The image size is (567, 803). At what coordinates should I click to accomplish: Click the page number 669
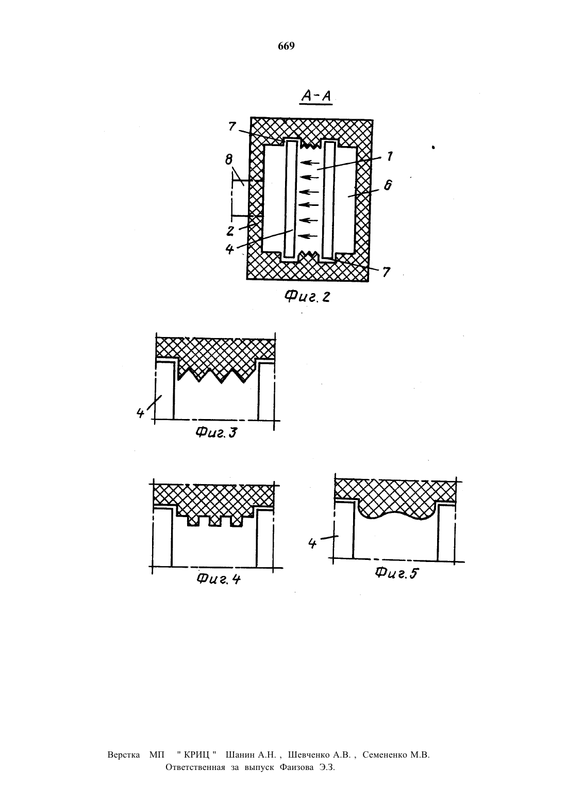(x=286, y=46)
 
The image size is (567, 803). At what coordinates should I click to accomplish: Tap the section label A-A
(x=316, y=95)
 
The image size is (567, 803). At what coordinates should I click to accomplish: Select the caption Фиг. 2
(x=307, y=296)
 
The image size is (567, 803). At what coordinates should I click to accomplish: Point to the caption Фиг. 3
(x=216, y=433)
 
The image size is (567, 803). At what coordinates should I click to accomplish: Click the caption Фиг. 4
(x=219, y=579)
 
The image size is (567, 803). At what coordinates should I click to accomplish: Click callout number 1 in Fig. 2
(x=390, y=156)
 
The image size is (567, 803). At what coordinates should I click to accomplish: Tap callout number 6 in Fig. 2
(x=388, y=185)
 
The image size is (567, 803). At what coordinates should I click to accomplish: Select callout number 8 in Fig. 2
(x=229, y=159)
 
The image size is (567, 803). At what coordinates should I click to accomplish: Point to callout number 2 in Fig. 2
(x=230, y=231)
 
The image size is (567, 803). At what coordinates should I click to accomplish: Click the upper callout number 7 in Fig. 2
(x=232, y=126)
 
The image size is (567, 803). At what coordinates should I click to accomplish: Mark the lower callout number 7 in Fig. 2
(x=386, y=272)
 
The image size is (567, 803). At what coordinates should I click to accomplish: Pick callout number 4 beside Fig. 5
(x=312, y=544)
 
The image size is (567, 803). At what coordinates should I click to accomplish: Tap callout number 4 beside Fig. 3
(x=140, y=413)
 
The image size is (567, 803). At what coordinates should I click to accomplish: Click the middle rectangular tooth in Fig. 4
(x=215, y=521)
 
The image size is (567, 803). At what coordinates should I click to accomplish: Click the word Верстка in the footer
(x=124, y=755)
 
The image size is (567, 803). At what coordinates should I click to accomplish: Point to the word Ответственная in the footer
(x=195, y=767)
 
